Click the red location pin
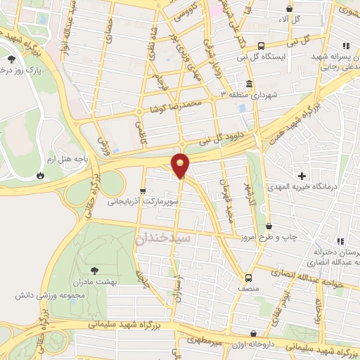pos(181,165)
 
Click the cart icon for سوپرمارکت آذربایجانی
pos(143,191)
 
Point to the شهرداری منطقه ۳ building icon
pos(250,84)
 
